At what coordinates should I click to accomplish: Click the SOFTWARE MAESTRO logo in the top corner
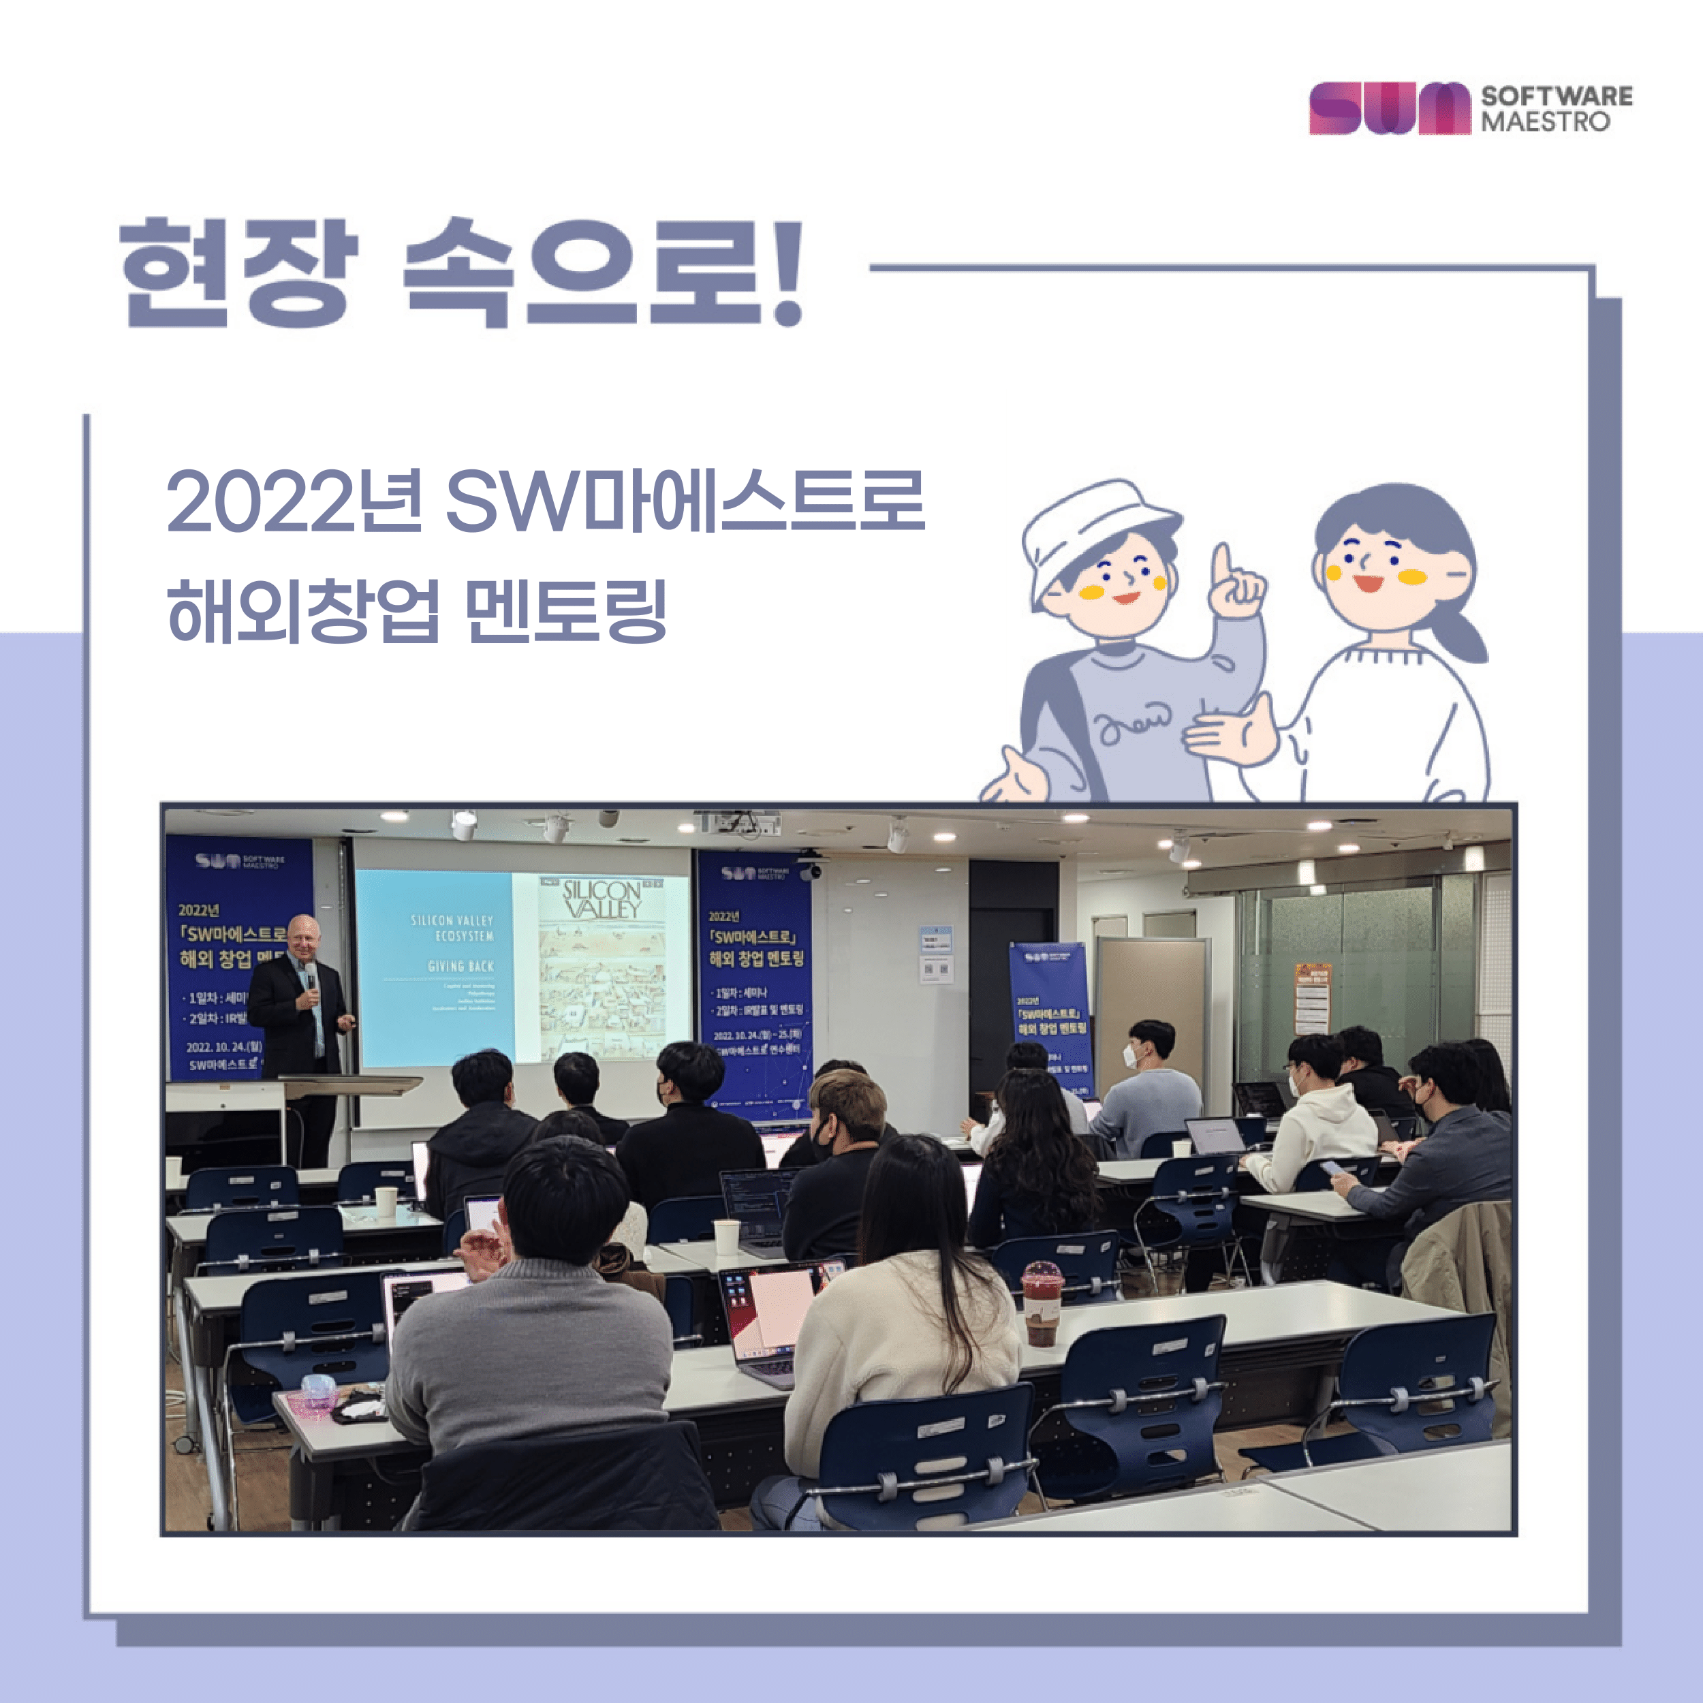(x=1469, y=108)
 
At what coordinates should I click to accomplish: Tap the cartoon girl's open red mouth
(x=1369, y=582)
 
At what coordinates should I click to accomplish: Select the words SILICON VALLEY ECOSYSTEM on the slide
(x=452, y=927)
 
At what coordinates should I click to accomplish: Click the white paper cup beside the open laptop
(x=726, y=1236)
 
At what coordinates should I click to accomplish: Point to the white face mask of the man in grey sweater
(x=1131, y=1055)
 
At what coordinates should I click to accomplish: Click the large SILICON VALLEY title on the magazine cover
(x=602, y=899)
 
